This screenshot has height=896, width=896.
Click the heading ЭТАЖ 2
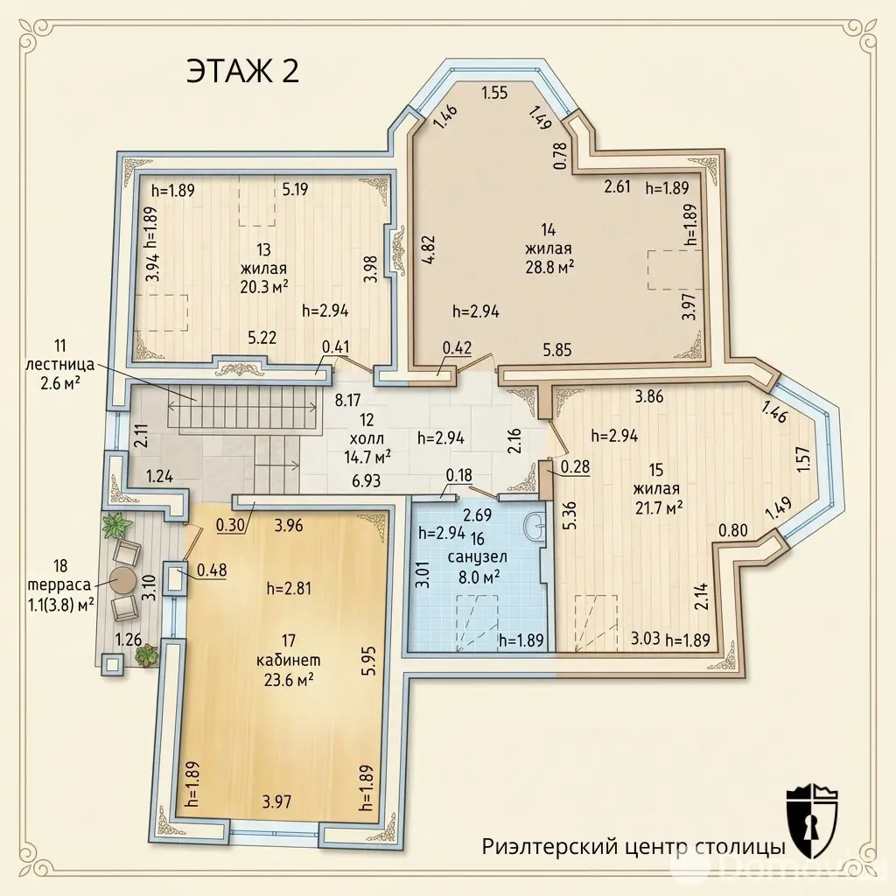[242, 73]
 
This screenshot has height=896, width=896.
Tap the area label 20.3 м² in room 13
[263, 287]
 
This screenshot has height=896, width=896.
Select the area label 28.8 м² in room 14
[549, 267]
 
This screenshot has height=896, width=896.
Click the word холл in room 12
[367, 439]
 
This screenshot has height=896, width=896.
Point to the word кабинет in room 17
[289, 661]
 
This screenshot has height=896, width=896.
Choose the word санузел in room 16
[478, 556]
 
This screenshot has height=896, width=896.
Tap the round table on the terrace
[122, 581]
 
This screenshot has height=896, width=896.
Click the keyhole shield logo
[811, 821]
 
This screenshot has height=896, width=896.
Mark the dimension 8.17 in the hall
[347, 399]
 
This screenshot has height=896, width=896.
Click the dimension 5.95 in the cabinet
[368, 661]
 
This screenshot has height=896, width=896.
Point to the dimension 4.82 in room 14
[428, 249]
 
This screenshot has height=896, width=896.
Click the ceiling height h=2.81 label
[289, 589]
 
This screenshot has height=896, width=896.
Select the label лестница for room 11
[60, 365]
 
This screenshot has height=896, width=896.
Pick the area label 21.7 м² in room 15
[658, 507]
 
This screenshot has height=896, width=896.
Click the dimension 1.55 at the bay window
[494, 93]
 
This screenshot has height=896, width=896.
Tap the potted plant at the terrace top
[115, 525]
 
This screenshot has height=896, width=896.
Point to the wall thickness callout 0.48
[212, 570]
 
